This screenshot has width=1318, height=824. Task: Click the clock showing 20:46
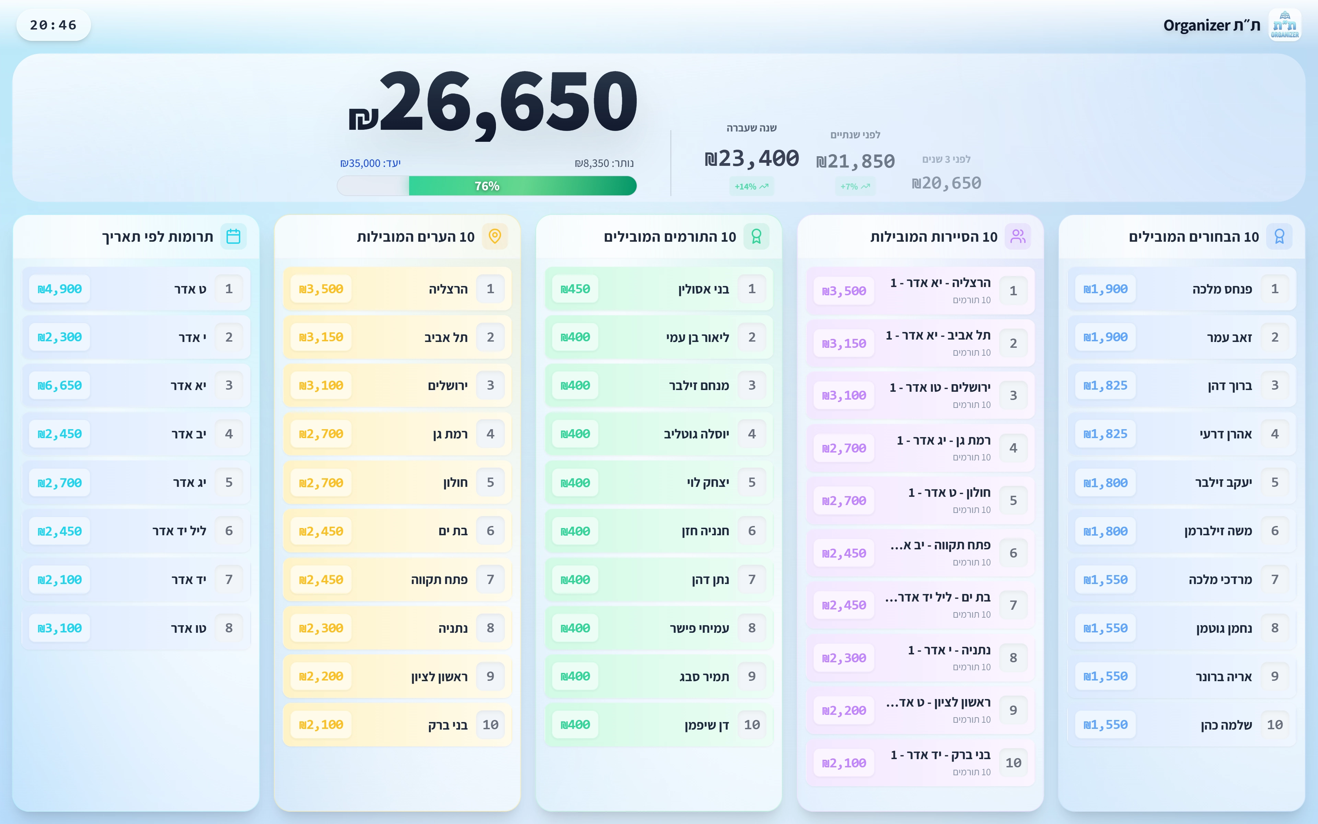54,25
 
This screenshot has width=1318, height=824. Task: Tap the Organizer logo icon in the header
1284,25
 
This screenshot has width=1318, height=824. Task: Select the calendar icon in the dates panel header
233,237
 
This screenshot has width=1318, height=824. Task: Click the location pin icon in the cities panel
495,237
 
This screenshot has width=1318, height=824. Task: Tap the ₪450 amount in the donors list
575,289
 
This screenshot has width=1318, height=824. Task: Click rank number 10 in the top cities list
490,725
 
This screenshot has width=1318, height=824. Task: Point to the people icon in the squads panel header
1017,237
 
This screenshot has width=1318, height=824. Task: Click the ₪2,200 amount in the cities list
321,676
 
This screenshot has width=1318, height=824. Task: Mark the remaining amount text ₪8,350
604,163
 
